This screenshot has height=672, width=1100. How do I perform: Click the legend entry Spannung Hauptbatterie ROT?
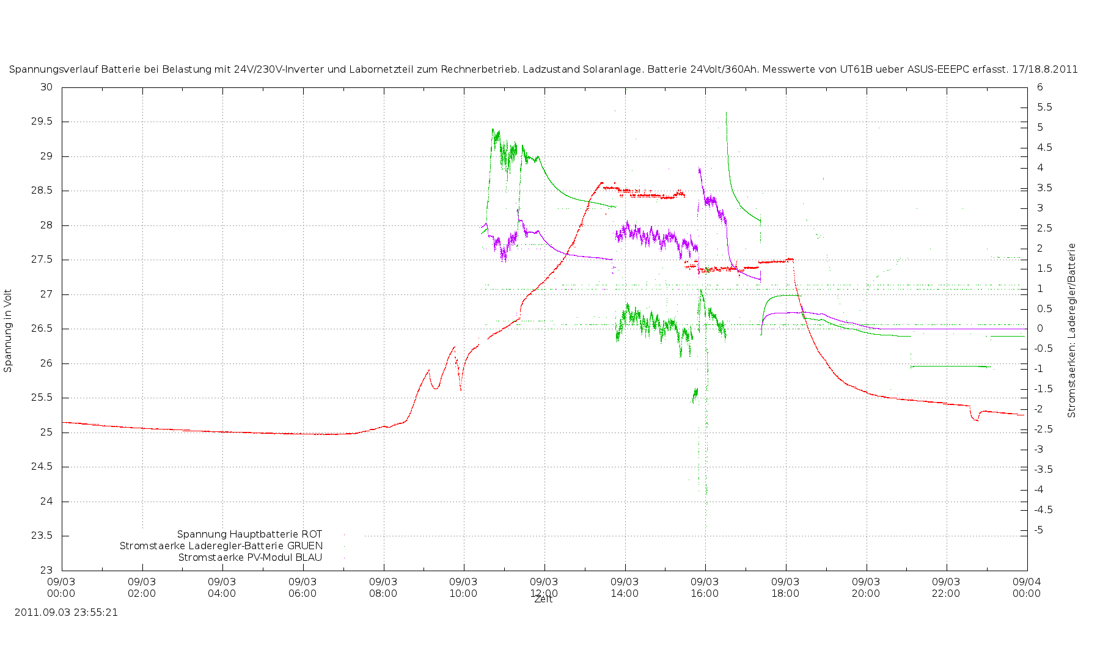click(249, 535)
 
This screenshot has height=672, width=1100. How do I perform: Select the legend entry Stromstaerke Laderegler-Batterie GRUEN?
click(221, 546)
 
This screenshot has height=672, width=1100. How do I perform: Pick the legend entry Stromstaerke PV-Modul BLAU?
click(250, 558)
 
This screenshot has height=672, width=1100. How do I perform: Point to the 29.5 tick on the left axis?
click(46, 122)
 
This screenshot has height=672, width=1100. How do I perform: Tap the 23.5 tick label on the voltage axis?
click(46, 536)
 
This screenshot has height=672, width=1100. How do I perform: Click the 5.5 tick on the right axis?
click(1044, 108)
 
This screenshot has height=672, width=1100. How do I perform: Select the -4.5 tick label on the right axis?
click(1043, 509)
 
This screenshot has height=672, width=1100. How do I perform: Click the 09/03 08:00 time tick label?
click(383, 587)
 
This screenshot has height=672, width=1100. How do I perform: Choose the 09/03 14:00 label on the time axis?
click(625, 587)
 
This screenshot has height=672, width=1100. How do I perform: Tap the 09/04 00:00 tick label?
click(1027, 587)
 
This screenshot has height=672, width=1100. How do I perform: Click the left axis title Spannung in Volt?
click(8, 331)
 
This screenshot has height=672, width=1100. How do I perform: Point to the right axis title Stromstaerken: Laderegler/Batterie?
click(1072, 331)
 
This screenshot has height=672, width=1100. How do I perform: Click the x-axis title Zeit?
click(543, 600)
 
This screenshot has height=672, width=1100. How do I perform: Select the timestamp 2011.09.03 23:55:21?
click(66, 612)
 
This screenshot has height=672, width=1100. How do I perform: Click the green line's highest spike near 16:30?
click(726, 113)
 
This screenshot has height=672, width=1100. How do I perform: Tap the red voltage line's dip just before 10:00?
click(461, 389)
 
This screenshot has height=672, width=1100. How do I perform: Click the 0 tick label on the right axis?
click(1039, 329)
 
